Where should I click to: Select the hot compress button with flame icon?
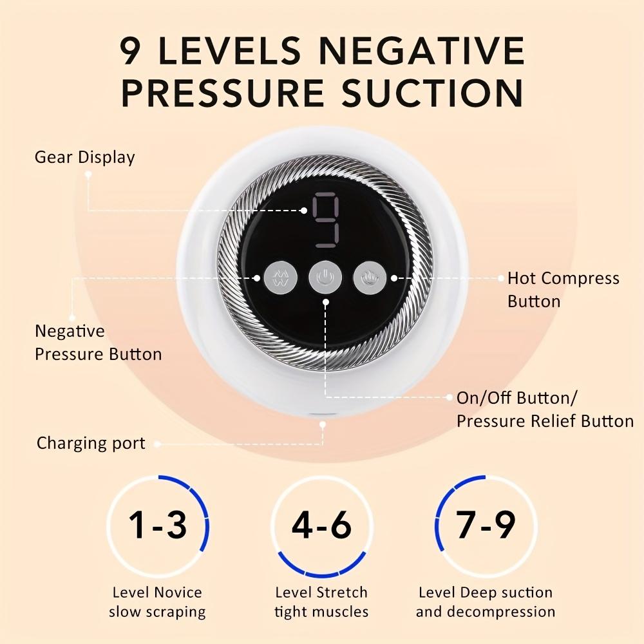[x=368, y=278]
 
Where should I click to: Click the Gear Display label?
[x=84, y=158]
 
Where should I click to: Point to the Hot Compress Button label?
[x=563, y=290]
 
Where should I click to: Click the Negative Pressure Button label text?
[x=98, y=343]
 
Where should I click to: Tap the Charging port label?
[x=91, y=443]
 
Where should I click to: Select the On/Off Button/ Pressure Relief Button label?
[x=545, y=410]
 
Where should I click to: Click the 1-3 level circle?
[x=158, y=526]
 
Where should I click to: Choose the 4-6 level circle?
[x=321, y=526]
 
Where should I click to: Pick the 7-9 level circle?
[x=486, y=526]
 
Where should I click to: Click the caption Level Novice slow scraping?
[x=157, y=601]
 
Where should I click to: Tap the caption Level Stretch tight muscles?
[x=321, y=601]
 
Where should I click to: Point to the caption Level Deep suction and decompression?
[x=486, y=601]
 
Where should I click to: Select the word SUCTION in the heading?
[x=432, y=93]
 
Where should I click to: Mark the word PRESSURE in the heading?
[x=222, y=93]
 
